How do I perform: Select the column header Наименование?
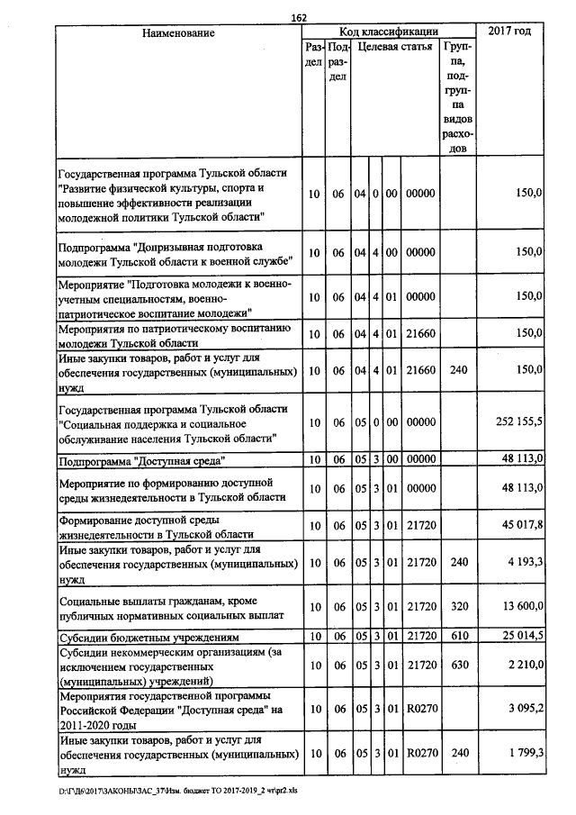(178, 32)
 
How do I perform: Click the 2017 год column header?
(509, 32)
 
